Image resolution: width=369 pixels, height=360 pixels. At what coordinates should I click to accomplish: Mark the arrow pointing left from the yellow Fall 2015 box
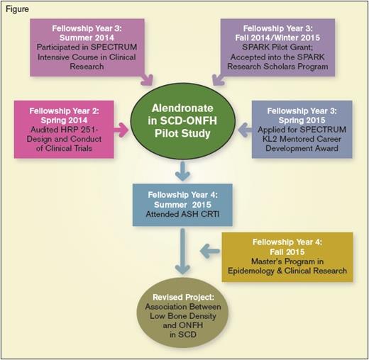tap(209, 249)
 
